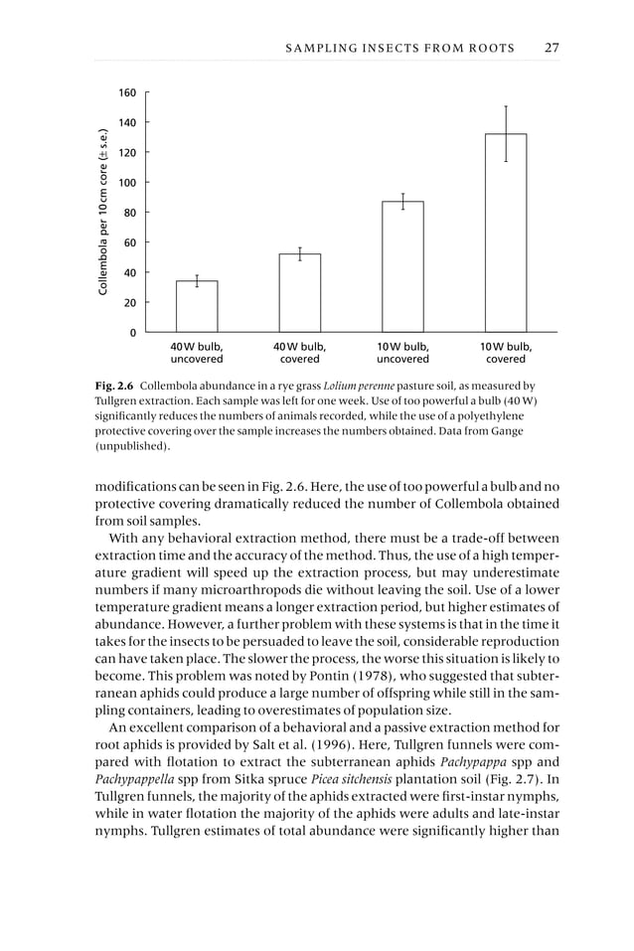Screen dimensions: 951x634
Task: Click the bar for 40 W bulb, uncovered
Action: [197, 306]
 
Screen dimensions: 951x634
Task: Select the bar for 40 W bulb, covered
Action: [299, 293]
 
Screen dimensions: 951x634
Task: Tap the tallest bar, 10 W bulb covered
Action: [506, 234]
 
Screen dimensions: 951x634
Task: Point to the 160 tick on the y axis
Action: [128, 93]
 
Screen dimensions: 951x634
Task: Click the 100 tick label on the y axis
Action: [128, 183]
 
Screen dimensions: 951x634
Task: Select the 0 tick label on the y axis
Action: [132, 333]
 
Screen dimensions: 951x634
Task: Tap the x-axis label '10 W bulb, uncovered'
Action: [402, 353]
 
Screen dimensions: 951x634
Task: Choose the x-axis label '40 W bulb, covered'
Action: [299, 353]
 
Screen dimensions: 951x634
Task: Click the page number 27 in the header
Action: [552, 48]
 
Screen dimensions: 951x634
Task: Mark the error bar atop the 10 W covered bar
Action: [506, 133]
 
